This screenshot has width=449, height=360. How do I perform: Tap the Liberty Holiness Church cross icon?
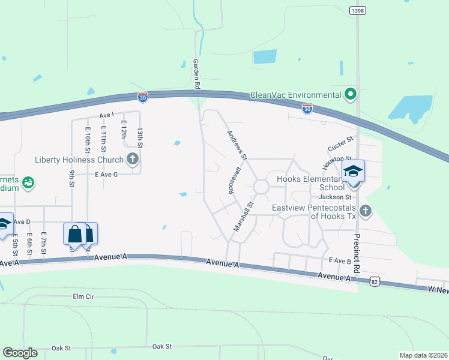tap(133, 160)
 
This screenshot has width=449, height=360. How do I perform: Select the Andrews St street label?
tap(237, 145)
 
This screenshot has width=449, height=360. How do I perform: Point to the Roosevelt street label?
tap(234, 179)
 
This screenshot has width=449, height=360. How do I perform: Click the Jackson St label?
tap(335, 197)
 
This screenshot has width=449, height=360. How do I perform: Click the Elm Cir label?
tap(83, 296)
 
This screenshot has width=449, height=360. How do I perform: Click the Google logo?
tap(20, 353)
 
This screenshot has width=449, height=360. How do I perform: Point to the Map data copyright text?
tap(423, 355)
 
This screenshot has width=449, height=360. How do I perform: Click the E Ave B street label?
tap(339, 261)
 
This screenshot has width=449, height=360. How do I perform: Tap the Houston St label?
tap(331, 160)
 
